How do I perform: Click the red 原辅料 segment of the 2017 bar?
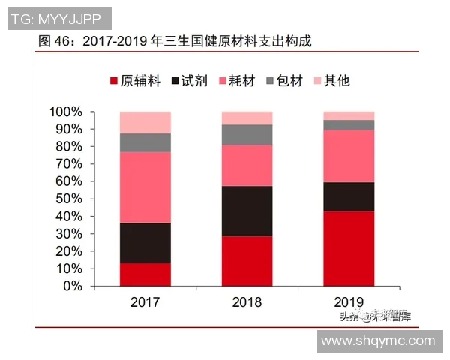145,274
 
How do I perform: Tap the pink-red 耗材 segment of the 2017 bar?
145,187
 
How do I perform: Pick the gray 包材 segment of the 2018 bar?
247,134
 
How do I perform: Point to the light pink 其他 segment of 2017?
145,122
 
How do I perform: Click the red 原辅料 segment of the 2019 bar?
349,248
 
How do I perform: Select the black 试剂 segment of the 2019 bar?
349,196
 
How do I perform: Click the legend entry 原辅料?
136,80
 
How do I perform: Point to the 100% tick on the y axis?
65,112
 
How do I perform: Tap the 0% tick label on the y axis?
72,286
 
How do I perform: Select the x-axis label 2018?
247,303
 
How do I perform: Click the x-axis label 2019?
349,303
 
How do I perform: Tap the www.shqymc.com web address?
377,341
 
